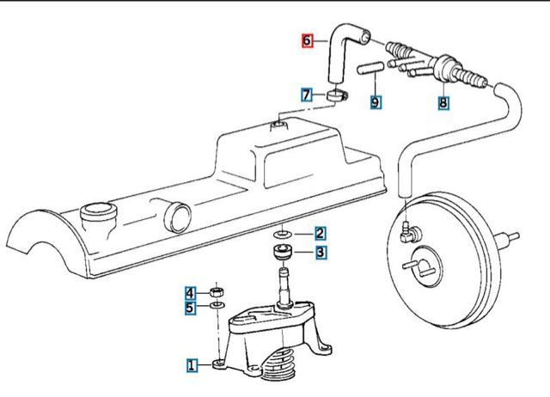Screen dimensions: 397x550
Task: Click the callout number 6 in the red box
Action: [307, 40]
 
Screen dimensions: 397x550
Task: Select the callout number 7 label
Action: [307, 95]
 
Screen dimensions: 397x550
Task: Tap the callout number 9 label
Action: [376, 103]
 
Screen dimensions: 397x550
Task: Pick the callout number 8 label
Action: [443, 103]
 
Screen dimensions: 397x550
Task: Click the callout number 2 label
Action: [319, 233]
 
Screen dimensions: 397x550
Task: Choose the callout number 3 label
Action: [319, 252]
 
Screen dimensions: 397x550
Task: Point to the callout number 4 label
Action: [192, 291]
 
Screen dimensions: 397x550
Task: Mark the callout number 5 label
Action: [192, 306]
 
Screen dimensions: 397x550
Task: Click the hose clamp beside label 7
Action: [337, 94]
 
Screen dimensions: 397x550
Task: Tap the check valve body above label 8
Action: [444, 65]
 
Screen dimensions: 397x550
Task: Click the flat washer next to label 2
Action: [283, 234]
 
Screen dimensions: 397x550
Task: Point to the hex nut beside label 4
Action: [218, 290]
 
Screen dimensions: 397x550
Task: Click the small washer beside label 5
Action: [217, 306]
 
